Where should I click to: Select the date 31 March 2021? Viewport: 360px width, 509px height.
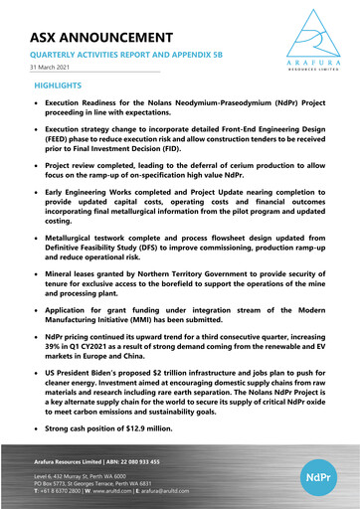pos(51,69)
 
